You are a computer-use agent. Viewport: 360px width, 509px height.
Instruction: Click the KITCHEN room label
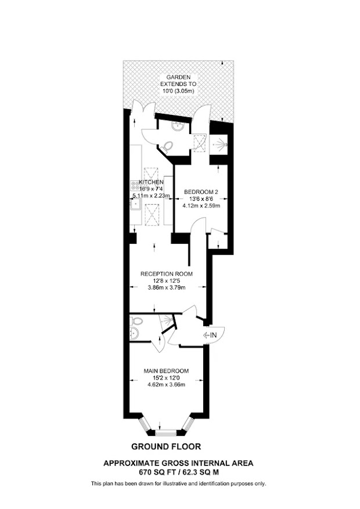point(152,182)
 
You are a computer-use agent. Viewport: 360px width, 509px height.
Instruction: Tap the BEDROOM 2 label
point(201,192)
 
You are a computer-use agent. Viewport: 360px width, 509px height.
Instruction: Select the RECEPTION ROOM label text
point(167,274)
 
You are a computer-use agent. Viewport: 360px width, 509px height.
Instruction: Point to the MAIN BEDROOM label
point(166,371)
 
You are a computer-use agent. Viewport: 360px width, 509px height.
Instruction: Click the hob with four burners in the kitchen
point(135,186)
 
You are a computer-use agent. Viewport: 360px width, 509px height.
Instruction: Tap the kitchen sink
point(135,204)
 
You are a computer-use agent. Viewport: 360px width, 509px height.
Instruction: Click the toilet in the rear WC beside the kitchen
point(167,147)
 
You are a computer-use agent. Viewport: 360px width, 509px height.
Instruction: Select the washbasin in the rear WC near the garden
point(178,127)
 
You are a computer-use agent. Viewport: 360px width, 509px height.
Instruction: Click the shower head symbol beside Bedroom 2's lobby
point(219,143)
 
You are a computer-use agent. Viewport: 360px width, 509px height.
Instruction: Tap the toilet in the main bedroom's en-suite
point(136,322)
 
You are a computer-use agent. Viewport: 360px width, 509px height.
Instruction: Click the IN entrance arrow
point(210,335)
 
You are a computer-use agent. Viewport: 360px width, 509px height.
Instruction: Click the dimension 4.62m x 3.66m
point(166,385)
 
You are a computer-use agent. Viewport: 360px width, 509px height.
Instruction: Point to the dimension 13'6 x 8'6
point(201,198)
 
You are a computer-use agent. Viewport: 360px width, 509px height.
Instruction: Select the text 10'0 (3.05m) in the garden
point(178,91)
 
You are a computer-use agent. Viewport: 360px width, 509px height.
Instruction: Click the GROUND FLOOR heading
point(166,447)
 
